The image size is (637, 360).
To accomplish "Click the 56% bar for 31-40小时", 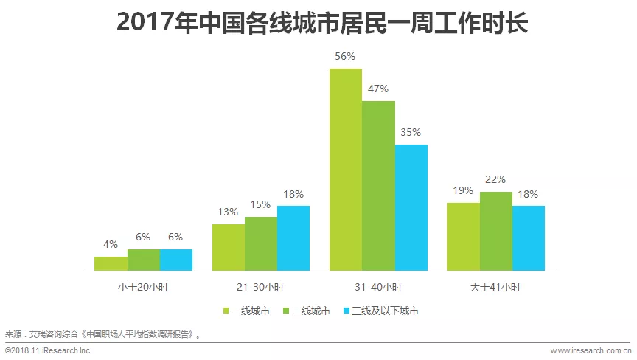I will click(x=346, y=169).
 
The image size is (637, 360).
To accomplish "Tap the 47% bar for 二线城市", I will click(x=378, y=185).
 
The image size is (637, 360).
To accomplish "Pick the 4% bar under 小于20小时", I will click(x=111, y=263).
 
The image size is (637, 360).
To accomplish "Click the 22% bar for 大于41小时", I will click(x=495, y=230).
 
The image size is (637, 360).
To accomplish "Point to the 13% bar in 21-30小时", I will click(x=229, y=246).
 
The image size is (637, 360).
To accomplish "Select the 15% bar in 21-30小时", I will click(x=261, y=243).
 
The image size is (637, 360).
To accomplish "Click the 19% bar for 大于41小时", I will click(x=463, y=236).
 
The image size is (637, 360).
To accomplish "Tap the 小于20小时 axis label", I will click(x=143, y=287).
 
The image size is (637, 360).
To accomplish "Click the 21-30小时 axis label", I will click(x=260, y=287).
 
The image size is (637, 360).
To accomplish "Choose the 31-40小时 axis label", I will click(x=378, y=287).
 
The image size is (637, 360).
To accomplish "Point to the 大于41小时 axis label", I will click(x=495, y=287).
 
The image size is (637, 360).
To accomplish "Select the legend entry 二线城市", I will click(x=306, y=311).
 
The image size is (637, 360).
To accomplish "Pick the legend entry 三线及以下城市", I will click(x=381, y=311).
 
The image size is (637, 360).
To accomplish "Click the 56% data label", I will click(x=346, y=56).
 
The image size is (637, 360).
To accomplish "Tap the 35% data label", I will click(x=411, y=132).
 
